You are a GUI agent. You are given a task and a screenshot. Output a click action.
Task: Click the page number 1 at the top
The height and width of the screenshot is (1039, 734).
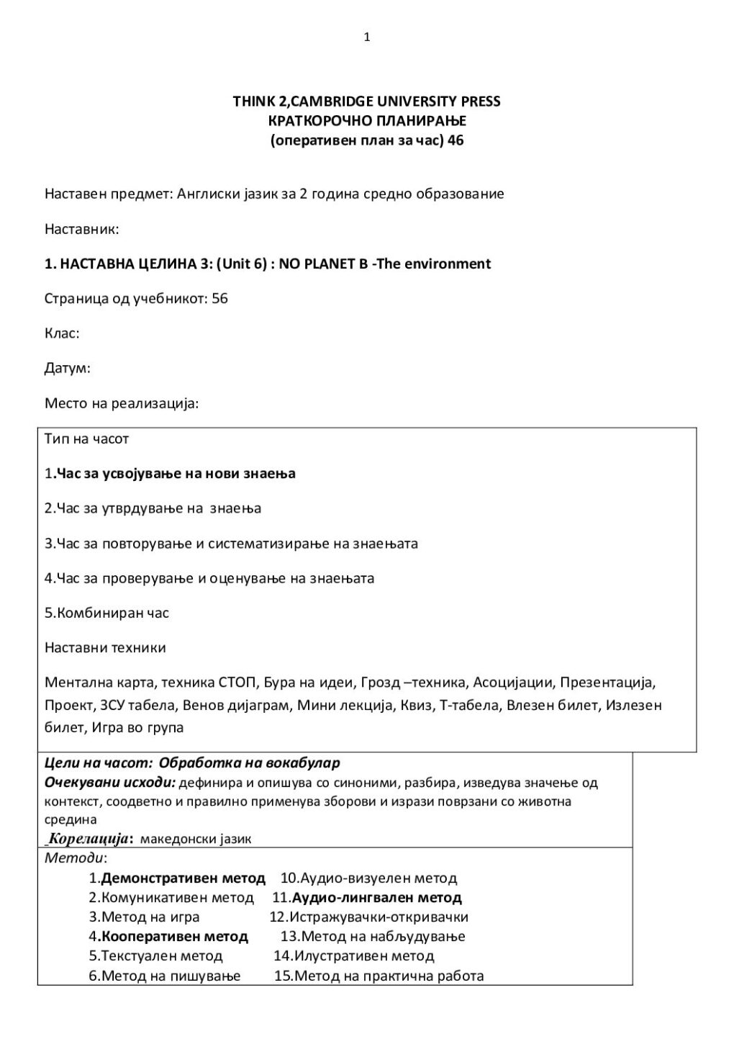point(367,37)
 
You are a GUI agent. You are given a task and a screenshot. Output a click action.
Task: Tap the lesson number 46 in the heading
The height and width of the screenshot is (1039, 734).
point(456,140)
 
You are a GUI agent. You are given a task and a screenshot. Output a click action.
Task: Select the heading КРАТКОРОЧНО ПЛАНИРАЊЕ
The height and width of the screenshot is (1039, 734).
point(367,121)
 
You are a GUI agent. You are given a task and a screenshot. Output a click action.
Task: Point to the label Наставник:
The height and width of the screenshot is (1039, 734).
point(81,230)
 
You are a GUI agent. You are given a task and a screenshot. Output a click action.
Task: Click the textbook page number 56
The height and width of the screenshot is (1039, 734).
point(219,299)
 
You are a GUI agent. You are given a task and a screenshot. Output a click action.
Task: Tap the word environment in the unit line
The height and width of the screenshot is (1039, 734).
point(447,264)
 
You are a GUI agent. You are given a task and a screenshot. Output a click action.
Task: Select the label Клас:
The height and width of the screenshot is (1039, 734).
point(62,333)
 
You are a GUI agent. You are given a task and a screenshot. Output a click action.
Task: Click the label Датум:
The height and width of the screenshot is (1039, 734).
point(68,368)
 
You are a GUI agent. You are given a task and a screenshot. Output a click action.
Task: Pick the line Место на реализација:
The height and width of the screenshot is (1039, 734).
point(121,403)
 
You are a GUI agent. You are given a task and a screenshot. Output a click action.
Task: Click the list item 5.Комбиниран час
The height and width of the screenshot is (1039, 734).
point(107,613)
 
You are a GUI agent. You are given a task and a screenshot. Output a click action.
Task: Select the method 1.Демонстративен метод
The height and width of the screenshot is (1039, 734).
point(177,878)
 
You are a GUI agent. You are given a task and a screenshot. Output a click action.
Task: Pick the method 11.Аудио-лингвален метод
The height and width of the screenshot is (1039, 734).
point(367,898)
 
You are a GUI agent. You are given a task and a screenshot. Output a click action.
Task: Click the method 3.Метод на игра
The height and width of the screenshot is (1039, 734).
point(144,917)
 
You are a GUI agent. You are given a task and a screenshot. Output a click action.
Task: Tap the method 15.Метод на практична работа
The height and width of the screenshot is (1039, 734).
point(379,976)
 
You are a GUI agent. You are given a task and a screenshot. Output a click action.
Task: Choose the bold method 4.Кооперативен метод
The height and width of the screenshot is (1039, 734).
point(168,937)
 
